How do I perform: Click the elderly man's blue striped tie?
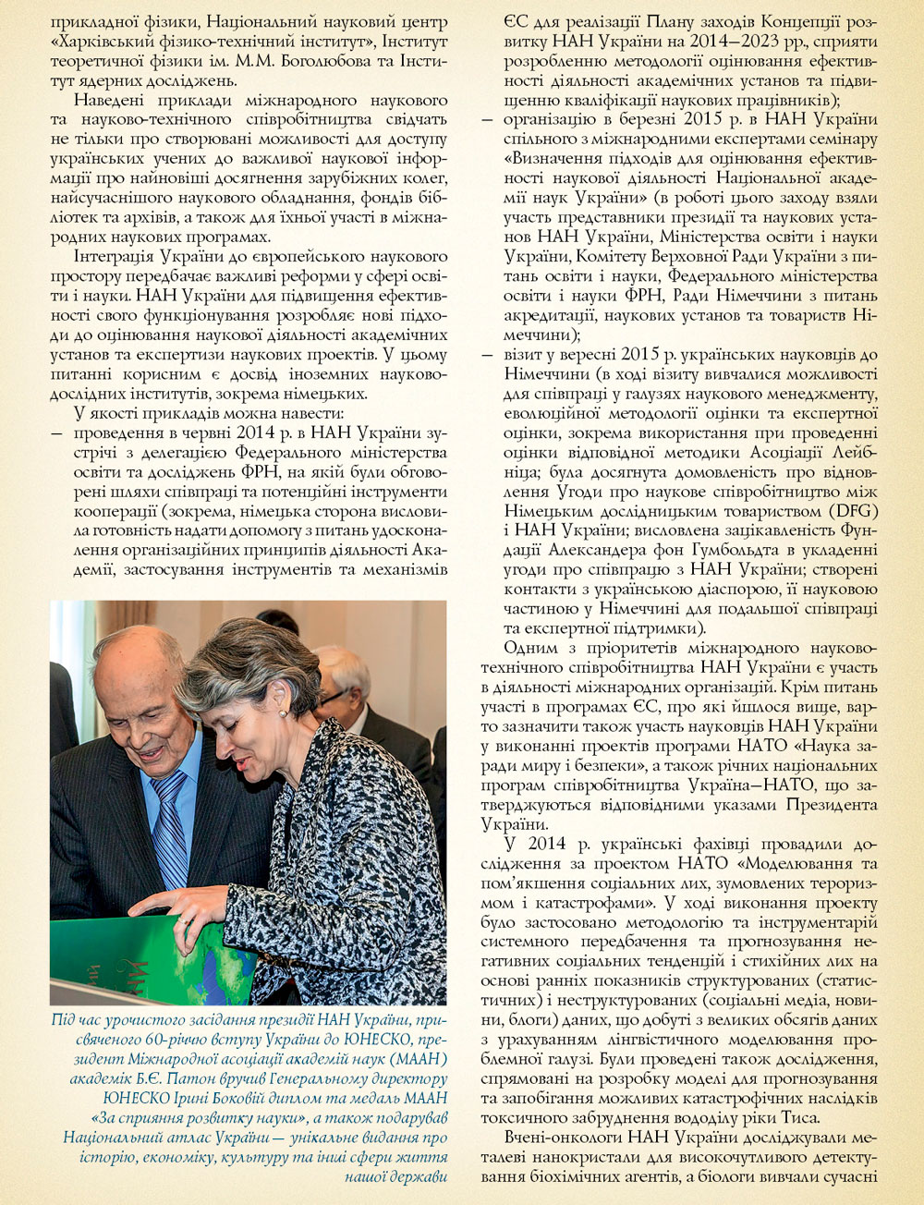(169, 822)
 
